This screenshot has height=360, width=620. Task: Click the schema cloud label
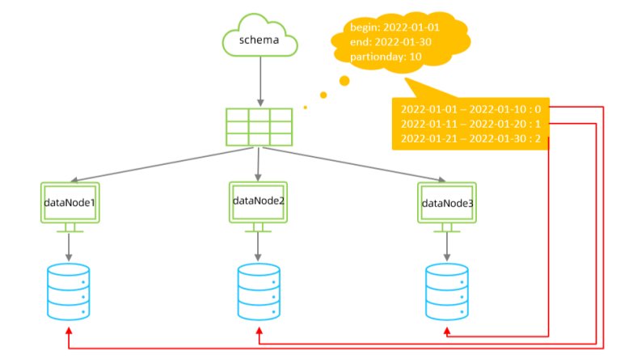pos(259,40)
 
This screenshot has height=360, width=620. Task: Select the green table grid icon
pos(259,127)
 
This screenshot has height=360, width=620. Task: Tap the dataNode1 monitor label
pos(70,203)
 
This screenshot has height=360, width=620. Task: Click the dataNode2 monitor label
pos(259,201)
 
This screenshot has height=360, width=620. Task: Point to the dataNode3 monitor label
pos(448,203)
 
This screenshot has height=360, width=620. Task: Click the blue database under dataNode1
pos(69,292)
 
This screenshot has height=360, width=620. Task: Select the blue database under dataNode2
pos(259,292)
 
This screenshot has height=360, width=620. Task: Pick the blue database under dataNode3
pos(447,292)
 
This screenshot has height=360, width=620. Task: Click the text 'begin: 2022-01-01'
pos(394,28)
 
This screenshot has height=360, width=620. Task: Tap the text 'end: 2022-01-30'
pos(390,42)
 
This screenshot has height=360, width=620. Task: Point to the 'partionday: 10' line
pos(386,57)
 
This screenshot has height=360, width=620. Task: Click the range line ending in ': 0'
pos(470,109)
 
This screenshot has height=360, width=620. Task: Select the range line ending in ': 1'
pos(470,124)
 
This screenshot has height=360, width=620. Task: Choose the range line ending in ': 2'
pos(470,138)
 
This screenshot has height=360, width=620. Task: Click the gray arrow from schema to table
pos(260,81)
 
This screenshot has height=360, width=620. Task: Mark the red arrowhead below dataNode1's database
pos(69,331)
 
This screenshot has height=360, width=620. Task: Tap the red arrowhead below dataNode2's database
pos(259,331)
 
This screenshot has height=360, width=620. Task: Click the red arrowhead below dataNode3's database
pos(447,331)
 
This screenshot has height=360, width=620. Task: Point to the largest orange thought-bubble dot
pos(344,81)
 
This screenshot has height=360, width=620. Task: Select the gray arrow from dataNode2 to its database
pos(258,246)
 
